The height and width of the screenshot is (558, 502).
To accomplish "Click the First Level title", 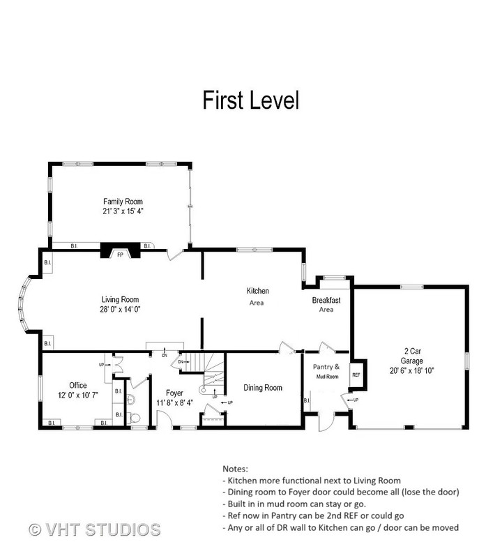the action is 251,100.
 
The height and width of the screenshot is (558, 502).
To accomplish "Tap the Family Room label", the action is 123,202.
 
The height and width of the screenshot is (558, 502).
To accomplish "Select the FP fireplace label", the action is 120,255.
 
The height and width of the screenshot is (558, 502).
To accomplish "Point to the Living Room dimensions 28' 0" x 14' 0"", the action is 120,309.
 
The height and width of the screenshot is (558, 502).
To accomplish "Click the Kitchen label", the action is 257,291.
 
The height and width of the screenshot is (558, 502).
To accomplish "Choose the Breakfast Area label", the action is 326,305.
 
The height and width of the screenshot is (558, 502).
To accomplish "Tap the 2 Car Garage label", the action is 412,356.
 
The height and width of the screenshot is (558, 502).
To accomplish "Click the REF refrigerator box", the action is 356,375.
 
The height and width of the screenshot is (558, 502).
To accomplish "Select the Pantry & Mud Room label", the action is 326,371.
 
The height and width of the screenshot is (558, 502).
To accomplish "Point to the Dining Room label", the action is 263,388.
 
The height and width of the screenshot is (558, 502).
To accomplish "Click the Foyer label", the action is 174,393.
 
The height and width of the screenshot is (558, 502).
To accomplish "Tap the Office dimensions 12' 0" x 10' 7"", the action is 78,395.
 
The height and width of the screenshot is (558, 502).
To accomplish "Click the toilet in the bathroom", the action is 134,418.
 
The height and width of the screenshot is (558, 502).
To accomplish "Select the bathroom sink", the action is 130,400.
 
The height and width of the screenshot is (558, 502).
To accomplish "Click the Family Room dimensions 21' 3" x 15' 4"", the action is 123,211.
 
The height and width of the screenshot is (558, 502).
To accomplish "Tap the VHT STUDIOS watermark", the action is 95,529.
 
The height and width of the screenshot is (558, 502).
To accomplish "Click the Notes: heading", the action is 235,469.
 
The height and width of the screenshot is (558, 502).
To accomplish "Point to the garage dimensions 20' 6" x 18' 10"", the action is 412,370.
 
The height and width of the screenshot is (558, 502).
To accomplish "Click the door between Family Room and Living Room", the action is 175,255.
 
